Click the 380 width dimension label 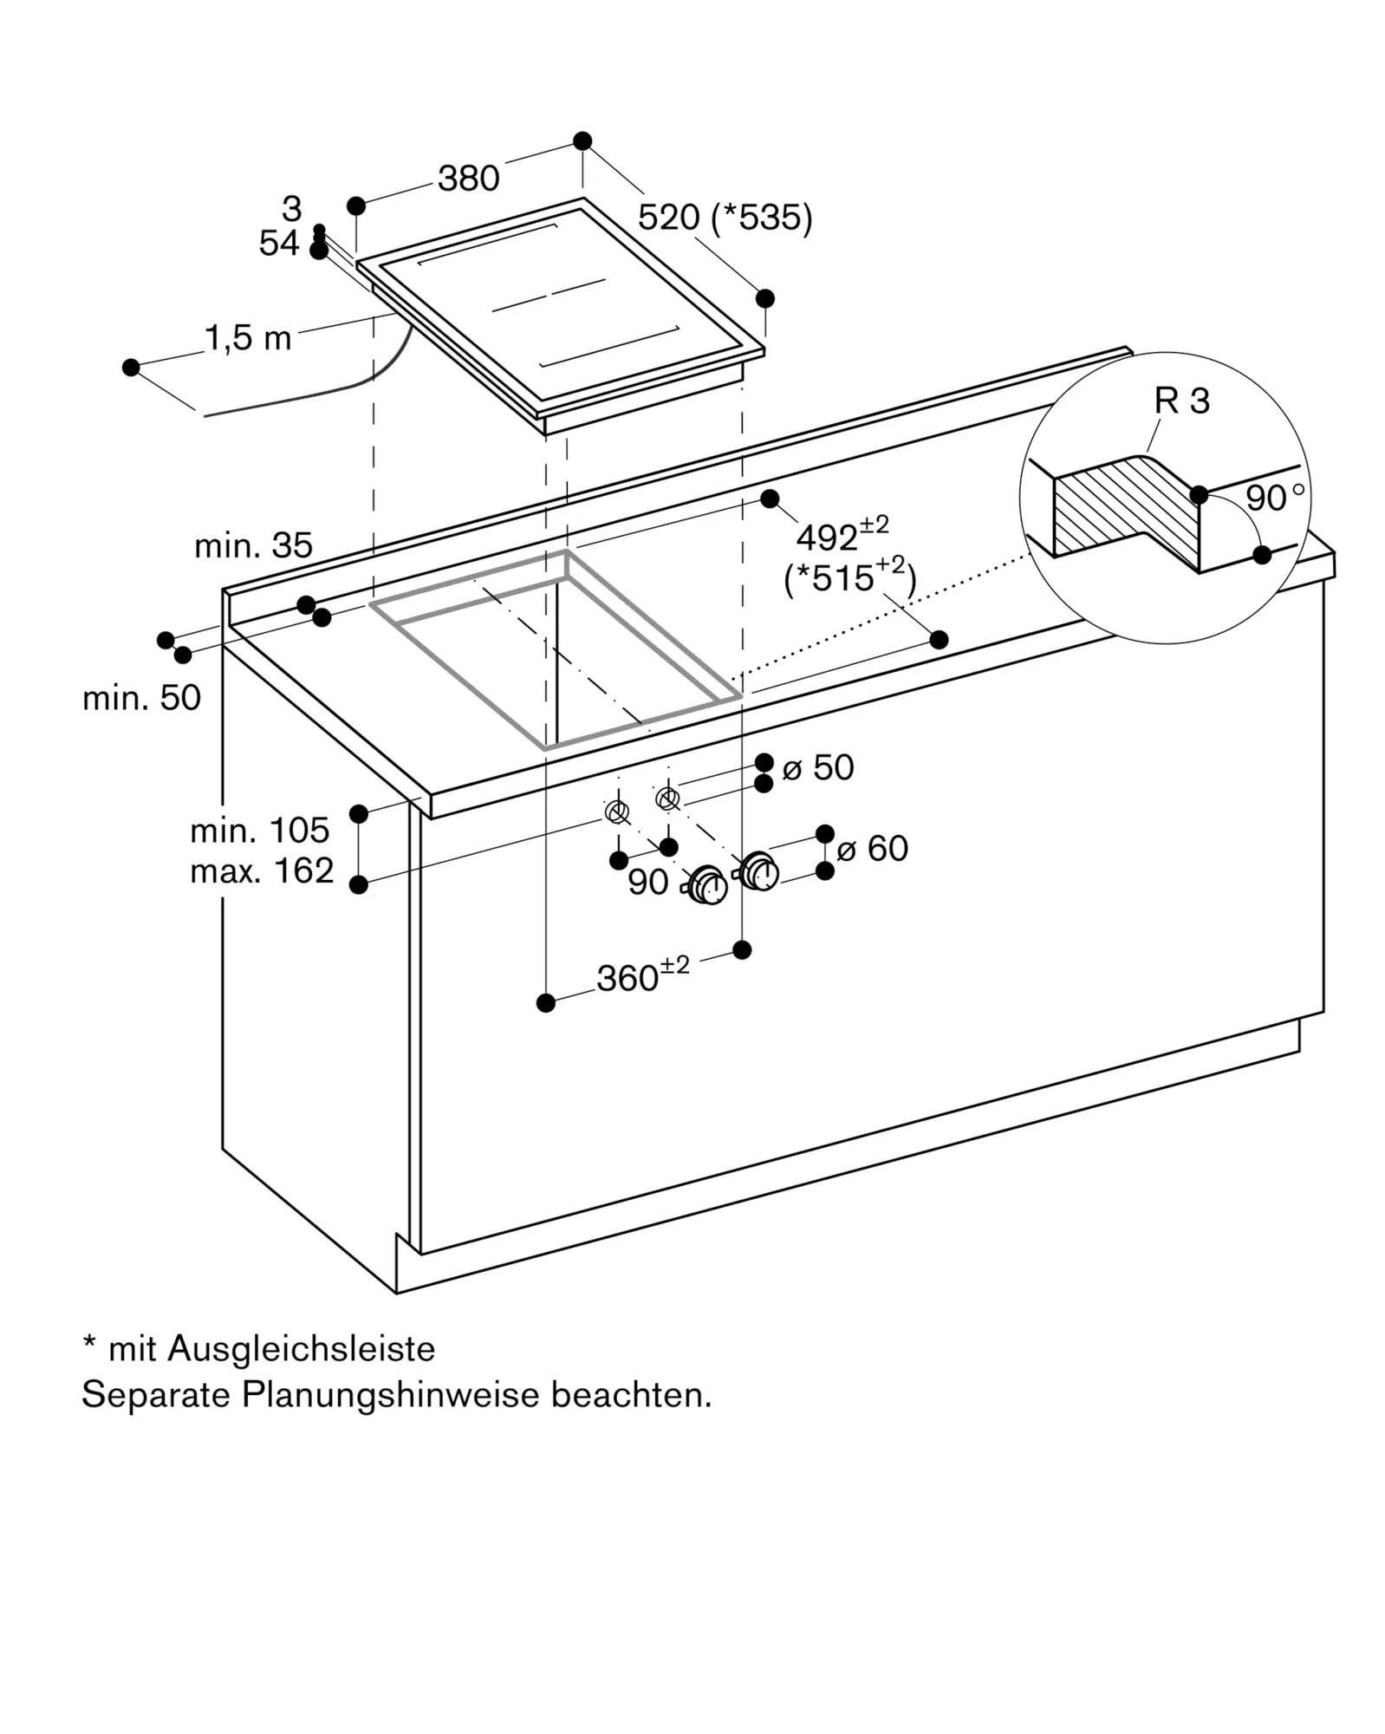click(x=469, y=179)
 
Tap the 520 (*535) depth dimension click(x=725, y=218)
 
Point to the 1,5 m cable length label click(x=248, y=338)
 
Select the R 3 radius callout click(x=1182, y=401)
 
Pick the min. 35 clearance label click(x=253, y=545)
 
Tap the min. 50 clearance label click(x=141, y=698)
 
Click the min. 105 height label click(x=260, y=831)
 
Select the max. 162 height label click(x=262, y=870)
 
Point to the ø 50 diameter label click(x=818, y=767)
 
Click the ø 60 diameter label click(x=873, y=849)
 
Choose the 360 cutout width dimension click(x=643, y=975)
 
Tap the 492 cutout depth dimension click(x=842, y=534)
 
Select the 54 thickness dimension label click(x=279, y=244)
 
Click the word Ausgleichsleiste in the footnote click(x=302, y=1349)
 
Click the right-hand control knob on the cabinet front click(x=759, y=870)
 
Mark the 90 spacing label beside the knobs click(x=648, y=883)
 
